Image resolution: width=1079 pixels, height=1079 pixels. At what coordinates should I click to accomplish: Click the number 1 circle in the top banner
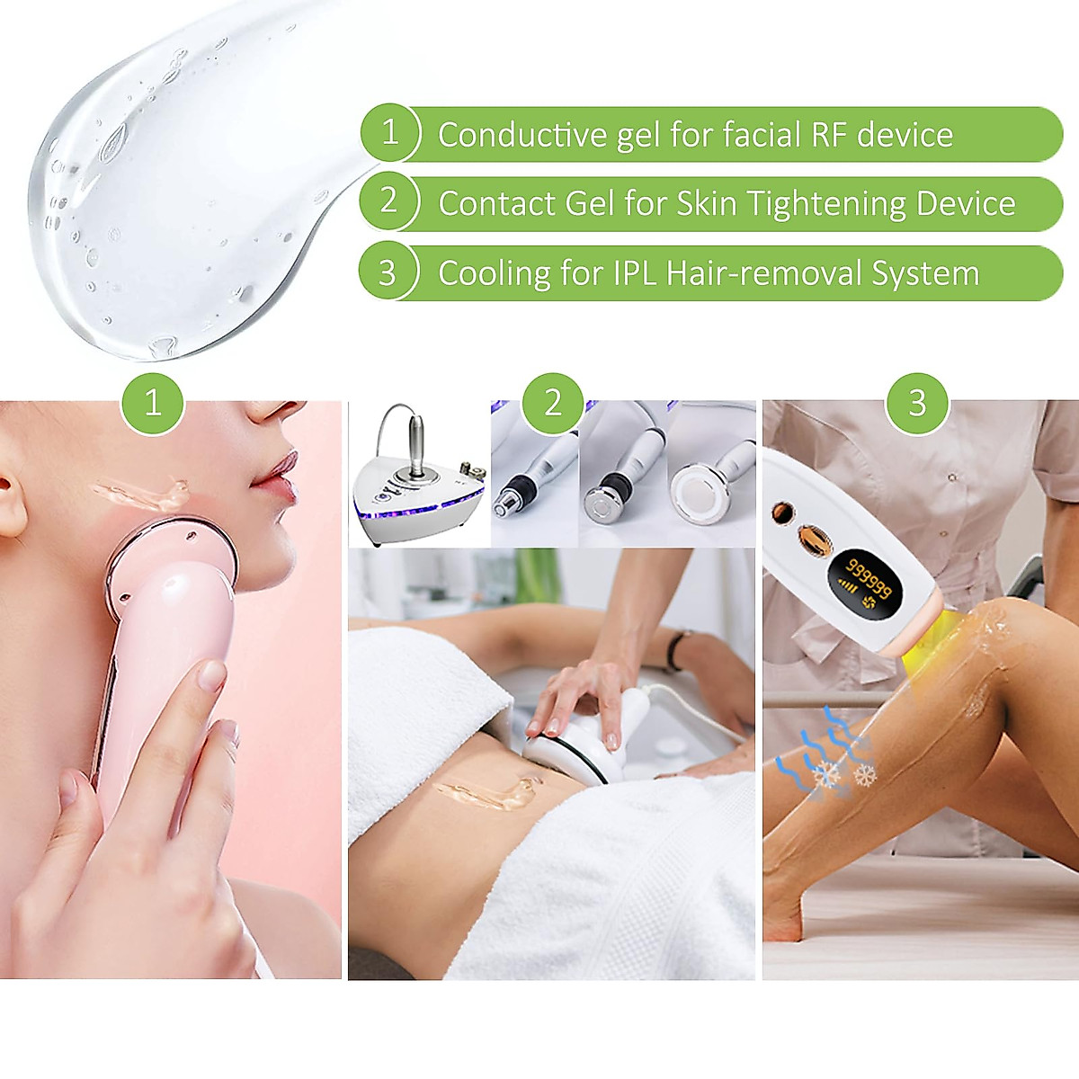pyautogui.click(x=389, y=133)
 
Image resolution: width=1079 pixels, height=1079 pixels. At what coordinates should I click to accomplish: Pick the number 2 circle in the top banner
pyautogui.click(x=388, y=201)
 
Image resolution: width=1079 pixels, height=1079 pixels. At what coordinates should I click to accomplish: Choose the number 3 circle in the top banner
pyautogui.click(x=388, y=272)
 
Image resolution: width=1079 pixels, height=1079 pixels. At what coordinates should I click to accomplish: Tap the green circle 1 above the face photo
pyautogui.click(x=153, y=402)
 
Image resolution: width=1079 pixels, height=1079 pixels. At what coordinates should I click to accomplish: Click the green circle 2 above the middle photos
pyautogui.click(x=553, y=402)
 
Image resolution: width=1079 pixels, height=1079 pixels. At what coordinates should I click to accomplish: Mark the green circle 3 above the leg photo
pyautogui.click(x=917, y=402)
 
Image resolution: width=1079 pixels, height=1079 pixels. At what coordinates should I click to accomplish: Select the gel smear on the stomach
pyautogui.click(x=486, y=791)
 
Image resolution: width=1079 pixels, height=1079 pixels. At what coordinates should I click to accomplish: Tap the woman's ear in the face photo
pyautogui.click(x=12, y=504)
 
